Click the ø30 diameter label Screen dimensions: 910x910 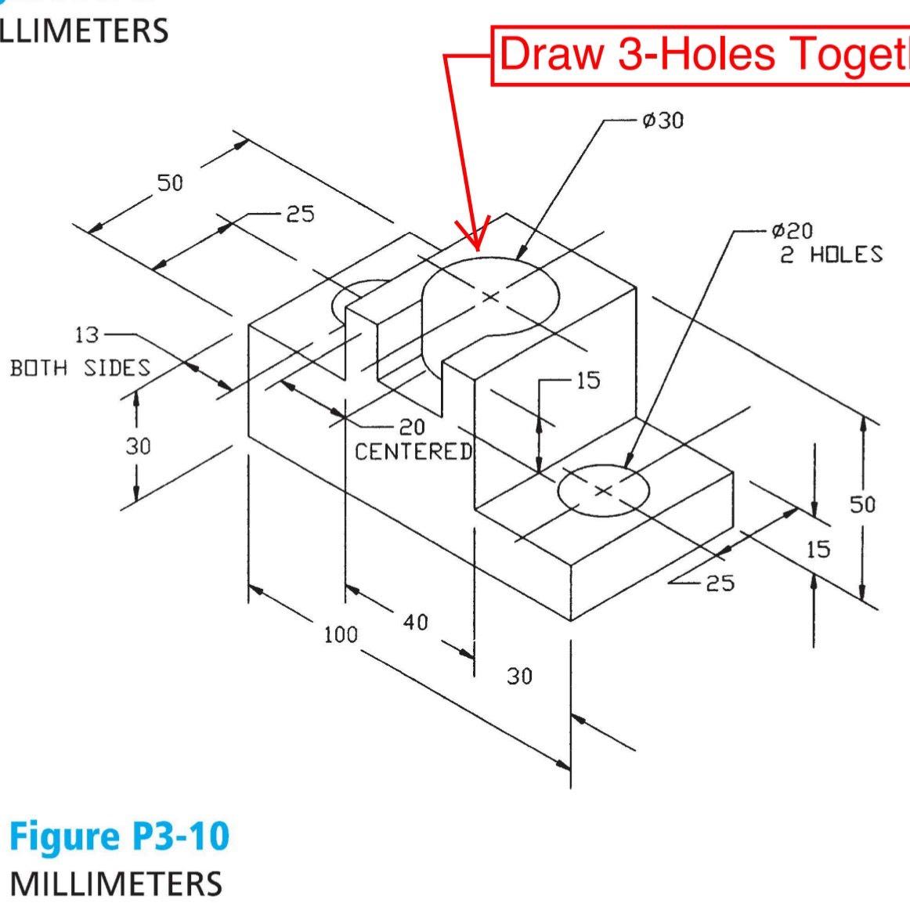(x=663, y=121)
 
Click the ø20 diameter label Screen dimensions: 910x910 (x=792, y=231)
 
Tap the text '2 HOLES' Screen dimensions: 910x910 (x=830, y=255)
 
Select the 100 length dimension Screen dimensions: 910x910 (x=341, y=634)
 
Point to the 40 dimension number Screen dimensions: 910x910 (x=416, y=622)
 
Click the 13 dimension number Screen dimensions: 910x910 (x=87, y=335)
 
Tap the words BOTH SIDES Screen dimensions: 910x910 (x=80, y=367)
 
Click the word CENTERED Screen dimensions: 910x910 (x=413, y=452)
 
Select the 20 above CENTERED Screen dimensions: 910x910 (x=412, y=428)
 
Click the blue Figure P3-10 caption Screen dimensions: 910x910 (x=119, y=836)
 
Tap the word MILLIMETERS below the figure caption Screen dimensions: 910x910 (x=116, y=883)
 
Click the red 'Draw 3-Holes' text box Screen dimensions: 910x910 (x=700, y=55)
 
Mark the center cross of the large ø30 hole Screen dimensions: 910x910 (x=490, y=296)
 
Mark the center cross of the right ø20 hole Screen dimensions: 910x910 (x=602, y=490)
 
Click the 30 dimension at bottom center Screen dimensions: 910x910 (x=519, y=676)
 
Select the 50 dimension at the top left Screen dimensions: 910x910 (x=170, y=183)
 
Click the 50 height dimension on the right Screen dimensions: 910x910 (x=862, y=504)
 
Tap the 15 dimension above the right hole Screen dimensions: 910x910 (x=587, y=381)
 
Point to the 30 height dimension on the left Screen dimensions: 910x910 (x=138, y=446)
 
